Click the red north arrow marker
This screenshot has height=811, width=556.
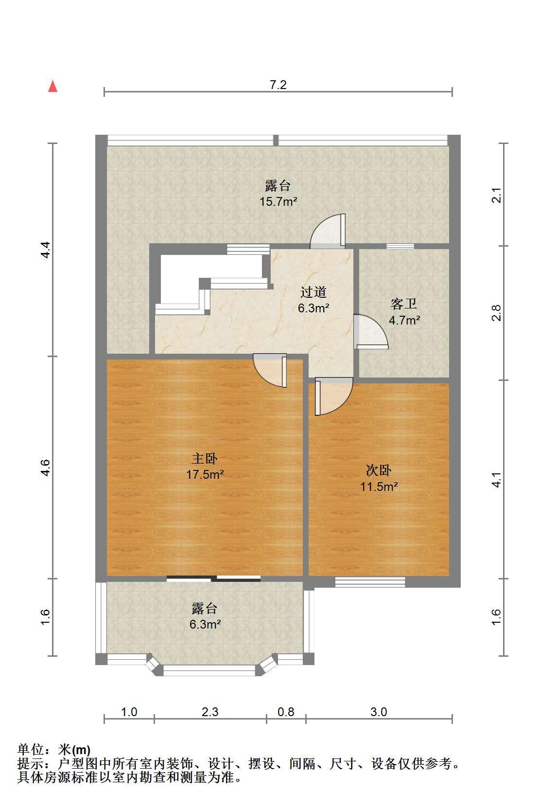click(53, 86)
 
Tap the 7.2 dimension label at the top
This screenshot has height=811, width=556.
click(278, 85)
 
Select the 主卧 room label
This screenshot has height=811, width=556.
click(205, 459)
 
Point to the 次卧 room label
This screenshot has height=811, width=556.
click(379, 470)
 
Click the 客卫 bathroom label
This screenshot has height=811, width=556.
click(404, 304)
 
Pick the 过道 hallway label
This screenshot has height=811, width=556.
click(313, 292)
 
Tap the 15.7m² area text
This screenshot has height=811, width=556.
click(278, 201)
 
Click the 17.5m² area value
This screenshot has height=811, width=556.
click(205, 474)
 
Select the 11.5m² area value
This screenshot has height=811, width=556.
click(379, 486)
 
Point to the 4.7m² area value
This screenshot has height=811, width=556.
click(404, 320)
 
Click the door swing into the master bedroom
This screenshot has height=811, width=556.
click(270, 370)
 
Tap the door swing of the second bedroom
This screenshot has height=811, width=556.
click(334, 396)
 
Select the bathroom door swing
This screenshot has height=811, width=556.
click(371, 332)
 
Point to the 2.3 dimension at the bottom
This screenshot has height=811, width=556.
click(210, 712)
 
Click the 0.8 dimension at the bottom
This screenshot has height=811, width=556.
click(286, 712)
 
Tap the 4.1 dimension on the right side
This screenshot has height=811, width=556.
click(497, 479)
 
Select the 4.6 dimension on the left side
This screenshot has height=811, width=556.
click(45, 468)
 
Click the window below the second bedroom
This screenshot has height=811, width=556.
click(370, 582)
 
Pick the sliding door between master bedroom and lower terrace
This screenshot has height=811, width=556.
click(213, 578)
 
